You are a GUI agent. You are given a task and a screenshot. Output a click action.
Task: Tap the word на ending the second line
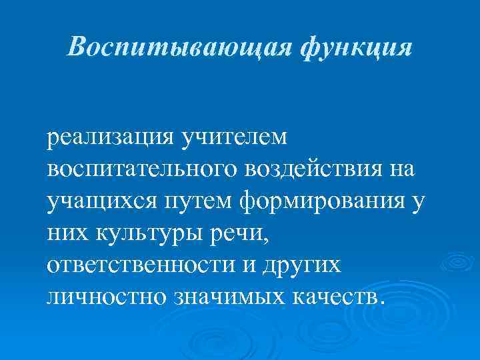pos(399,169)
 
